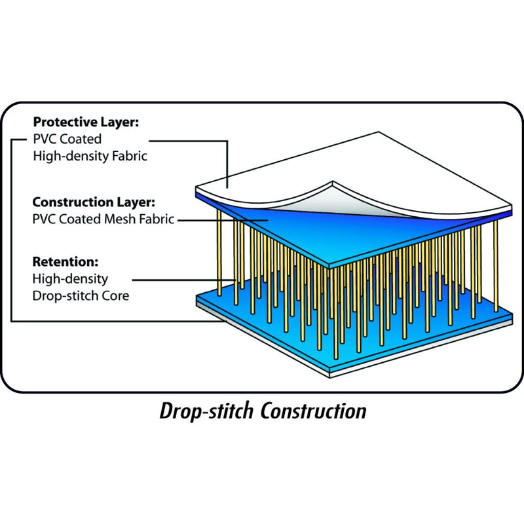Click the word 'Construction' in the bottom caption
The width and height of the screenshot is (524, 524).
point(313,411)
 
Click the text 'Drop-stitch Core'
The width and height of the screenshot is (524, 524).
point(81,295)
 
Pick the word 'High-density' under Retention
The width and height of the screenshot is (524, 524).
point(70,279)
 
